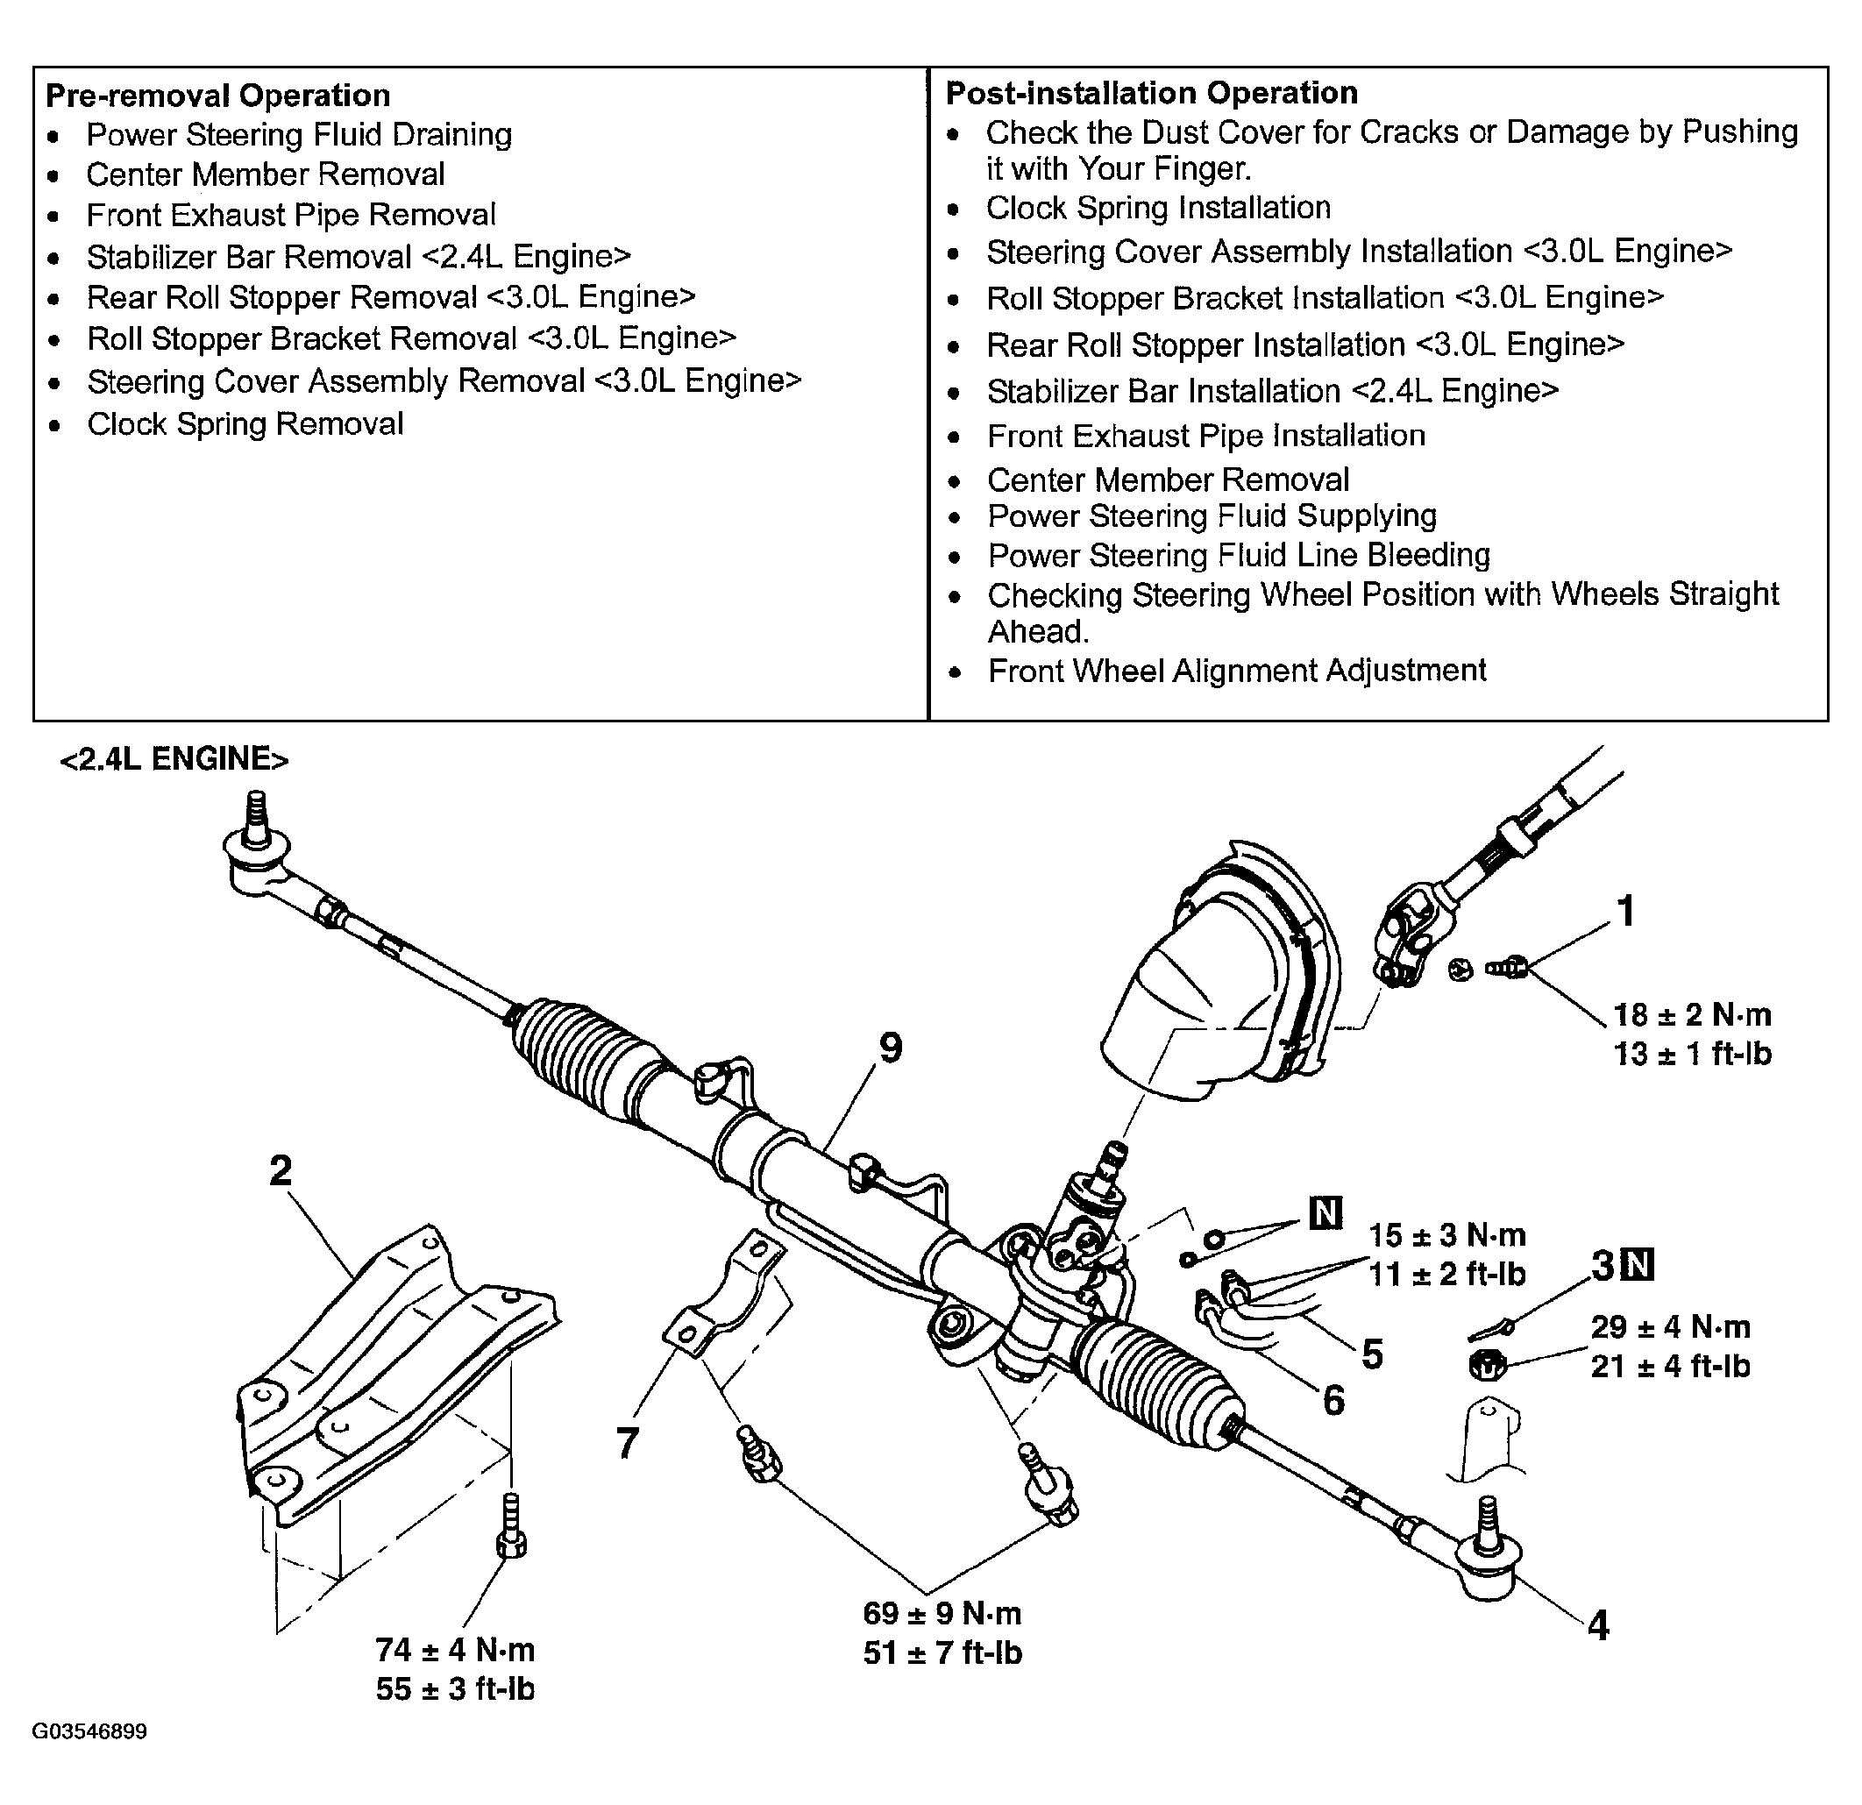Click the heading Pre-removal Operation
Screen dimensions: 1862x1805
[x=217, y=95]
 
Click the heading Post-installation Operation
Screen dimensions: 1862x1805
[x=1151, y=92]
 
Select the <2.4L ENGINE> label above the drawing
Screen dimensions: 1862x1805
[x=174, y=759]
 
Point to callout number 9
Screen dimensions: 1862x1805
[x=890, y=1048]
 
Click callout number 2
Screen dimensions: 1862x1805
[x=281, y=1170]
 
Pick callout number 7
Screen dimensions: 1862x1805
[x=627, y=1443]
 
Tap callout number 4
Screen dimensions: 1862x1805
[x=1599, y=1625]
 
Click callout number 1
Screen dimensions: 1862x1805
[x=1626, y=910]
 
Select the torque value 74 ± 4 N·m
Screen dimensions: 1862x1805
[x=455, y=1649]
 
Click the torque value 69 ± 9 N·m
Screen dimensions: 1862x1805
[x=942, y=1612]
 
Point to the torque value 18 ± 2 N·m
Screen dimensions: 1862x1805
[x=1692, y=1014]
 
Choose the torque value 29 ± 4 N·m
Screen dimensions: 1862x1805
[x=1670, y=1326]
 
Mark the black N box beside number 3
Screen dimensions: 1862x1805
[x=1638, y=1264]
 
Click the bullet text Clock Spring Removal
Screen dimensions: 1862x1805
[x=245, y=423]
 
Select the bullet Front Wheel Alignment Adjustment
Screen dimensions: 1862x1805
[x=1237, y=671]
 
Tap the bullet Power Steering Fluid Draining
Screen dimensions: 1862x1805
[x=299, y=135]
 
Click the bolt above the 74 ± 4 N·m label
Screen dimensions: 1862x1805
[x=511, y=1526]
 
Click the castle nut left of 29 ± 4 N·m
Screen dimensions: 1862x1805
[x=1487, y=1365]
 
